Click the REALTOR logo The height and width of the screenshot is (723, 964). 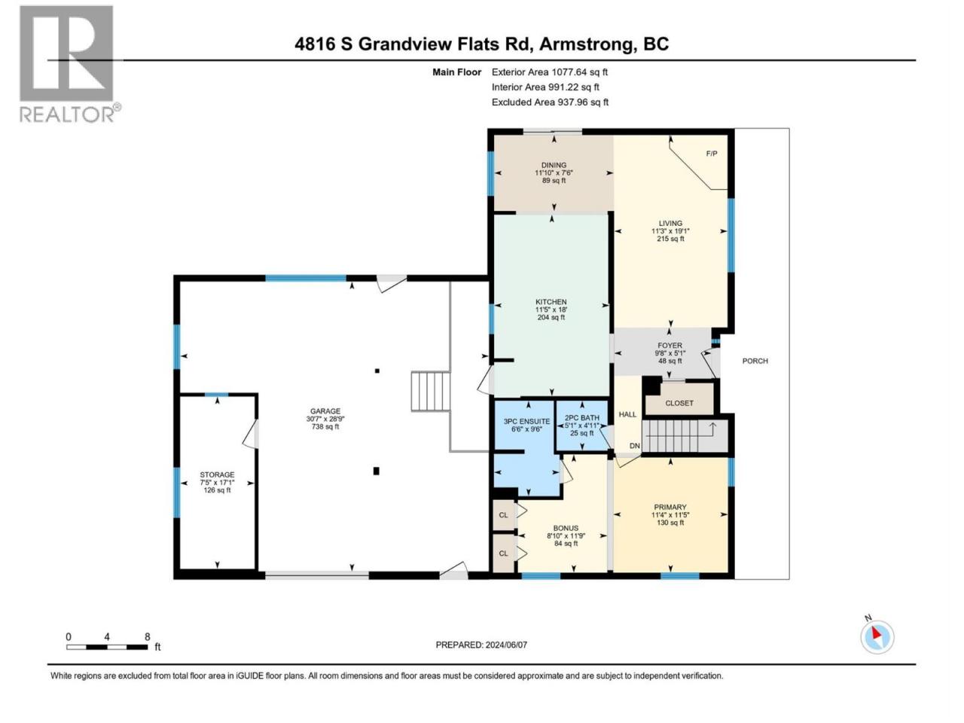click(x=69, y=64)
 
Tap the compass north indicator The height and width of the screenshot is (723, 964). click(x=877, y=636)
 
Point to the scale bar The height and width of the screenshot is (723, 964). click(x=107, y=647)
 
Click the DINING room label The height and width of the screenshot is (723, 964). click(x=554, y=165)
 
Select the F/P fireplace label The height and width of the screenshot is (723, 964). click(x=712, y=153)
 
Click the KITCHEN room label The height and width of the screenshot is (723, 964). click(x=551, y=301)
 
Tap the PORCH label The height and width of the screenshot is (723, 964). click(x=755, y=361)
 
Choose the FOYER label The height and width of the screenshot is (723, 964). click(x=670, y=346)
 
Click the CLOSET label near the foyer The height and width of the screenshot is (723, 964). click(x=679, y=402)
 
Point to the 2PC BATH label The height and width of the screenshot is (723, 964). click(x=582, y=417)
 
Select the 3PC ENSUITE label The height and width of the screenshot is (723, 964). click(x=526, y=421)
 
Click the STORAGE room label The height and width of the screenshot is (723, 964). click(x=217, y=474)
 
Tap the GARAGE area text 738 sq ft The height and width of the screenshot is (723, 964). click(x=325, y=426)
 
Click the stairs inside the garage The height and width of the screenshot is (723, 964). click(x=431, y=391)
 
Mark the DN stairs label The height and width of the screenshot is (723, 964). click(x=635, y=446)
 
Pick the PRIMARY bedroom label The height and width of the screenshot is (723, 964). click(x=670, y=507)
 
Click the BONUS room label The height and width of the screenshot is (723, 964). click(x=566, y=528)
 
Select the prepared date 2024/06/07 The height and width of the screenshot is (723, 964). click(x=506, y=645)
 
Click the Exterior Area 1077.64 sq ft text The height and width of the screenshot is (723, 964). click(x=550, y=72)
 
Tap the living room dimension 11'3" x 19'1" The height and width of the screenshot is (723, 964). click(x=670, y=230)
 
